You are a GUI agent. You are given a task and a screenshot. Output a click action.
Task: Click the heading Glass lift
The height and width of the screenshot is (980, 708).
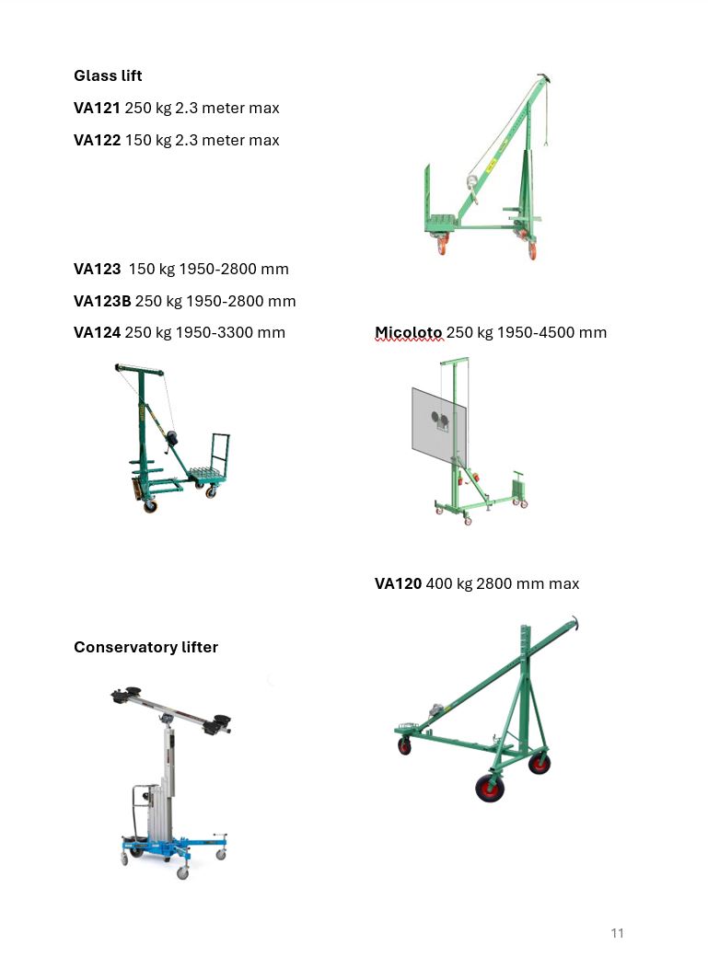pyautogui.click(x=108, y=75)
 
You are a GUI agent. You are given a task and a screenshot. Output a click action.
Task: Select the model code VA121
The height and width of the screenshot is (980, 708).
pyautogui.click(x=97, y=109)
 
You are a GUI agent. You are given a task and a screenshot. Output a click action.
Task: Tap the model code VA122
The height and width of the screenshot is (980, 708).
pyautogui.click(x=97, y=140)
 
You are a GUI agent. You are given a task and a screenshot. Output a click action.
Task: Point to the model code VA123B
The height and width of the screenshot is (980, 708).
pyautogui.click(x=102, y=301)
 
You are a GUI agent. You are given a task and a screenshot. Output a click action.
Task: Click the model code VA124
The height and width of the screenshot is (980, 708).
pyautogui.click(x=97, y=332)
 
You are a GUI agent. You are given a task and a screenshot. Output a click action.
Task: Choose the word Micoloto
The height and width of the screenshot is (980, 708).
pyautogui.click(x=409, y=332)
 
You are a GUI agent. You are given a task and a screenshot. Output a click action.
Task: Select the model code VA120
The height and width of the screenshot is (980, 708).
pyautogui.click(x=398, y=583)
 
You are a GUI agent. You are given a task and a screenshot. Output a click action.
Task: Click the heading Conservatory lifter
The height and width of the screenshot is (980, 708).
pyautogui.click(x=145, y=647)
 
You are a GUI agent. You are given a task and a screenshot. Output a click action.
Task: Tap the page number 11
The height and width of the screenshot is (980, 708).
pyautogui.click(x=617, y=933)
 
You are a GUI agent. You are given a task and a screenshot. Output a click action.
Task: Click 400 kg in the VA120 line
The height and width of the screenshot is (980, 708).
pyautogui.click(x=449, y=583)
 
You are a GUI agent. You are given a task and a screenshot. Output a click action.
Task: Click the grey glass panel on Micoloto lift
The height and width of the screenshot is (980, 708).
pyautogui.click(x=439, y=426)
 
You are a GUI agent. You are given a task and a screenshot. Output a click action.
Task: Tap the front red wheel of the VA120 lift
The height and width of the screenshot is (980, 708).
pyautogui.click(x=490, y=788)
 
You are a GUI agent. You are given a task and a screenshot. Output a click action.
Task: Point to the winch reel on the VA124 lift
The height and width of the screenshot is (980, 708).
pyautogui.click(x=171, y=437)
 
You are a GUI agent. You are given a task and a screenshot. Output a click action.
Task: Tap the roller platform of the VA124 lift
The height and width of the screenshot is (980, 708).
pyautogui.click(x=207, y=474)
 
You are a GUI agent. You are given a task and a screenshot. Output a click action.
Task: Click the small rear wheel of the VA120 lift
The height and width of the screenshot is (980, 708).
pyautogui.click(x=405, y=745)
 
